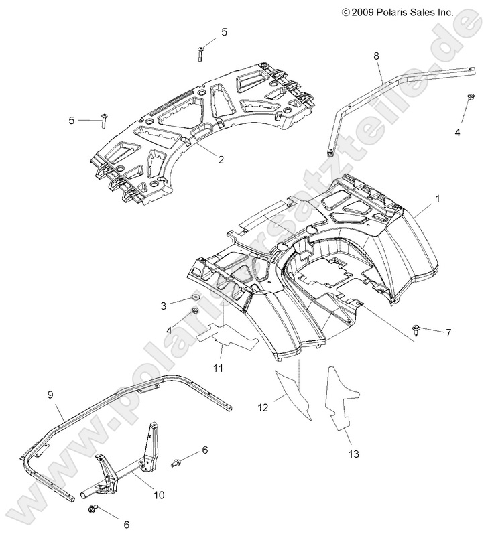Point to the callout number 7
tap(448, 333)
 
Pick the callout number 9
tap(49, 396)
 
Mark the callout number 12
tap(262, 407)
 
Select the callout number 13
tap(353, 454)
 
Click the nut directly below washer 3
tap(195, 310)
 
